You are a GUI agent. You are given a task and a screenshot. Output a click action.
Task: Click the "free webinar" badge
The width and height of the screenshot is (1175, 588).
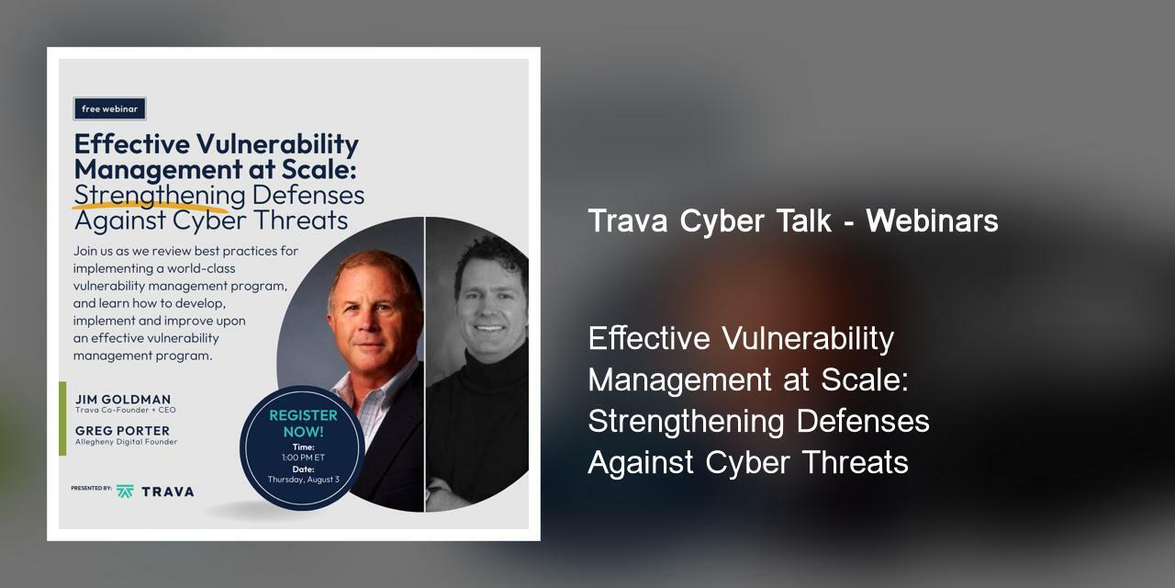point(109,109)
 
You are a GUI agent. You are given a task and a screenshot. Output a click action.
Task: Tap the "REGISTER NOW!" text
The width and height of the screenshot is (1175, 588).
point(303,423)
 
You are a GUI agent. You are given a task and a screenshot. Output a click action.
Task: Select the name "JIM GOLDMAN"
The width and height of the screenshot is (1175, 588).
point(123,400)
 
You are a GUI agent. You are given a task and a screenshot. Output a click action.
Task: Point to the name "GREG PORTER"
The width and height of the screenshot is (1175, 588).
point(122,431)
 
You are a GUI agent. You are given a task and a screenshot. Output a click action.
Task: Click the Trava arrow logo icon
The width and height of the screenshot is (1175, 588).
point(125,492)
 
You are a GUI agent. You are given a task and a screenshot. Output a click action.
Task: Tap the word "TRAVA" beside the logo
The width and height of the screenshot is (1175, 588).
point(167,492)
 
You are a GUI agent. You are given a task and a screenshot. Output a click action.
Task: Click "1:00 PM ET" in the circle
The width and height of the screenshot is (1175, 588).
point(303,458)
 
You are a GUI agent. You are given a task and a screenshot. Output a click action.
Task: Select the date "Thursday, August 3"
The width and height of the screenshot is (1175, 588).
point(303,480)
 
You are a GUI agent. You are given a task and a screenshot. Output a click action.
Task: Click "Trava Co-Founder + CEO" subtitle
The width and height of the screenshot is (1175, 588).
point(125,411)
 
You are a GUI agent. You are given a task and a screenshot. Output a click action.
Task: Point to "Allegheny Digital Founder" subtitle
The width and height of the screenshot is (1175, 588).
point(126,442)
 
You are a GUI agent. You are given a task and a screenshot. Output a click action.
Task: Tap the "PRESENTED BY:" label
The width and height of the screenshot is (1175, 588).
point(91,489)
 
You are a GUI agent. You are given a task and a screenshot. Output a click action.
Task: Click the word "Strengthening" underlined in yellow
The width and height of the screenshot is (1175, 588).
point(159,196)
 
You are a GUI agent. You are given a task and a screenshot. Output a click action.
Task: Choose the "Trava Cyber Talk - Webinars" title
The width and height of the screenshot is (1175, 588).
point(793,221)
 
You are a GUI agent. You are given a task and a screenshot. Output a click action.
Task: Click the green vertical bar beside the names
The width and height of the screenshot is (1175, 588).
point(62,418)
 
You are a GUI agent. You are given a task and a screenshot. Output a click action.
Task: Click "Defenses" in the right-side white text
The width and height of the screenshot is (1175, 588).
point(863,422)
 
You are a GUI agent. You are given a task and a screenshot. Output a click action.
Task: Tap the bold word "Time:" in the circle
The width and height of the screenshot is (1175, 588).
point(303,447)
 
